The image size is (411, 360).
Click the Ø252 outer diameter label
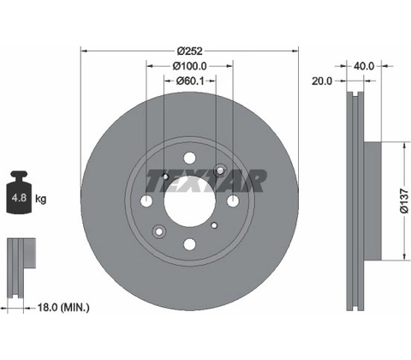[189, 51]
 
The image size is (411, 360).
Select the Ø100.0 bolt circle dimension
[189, 66]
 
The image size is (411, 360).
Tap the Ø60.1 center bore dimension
[190, 81]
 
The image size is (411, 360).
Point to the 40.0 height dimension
[364, 66]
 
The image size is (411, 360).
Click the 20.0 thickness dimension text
[322, 81]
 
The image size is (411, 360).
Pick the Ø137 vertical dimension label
[404, 201]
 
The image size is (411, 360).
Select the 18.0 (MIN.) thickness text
[63, 308]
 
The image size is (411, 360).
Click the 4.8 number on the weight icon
[19, 197]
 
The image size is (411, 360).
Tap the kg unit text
[40, 199]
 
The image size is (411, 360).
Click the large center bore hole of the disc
[189, 201]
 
